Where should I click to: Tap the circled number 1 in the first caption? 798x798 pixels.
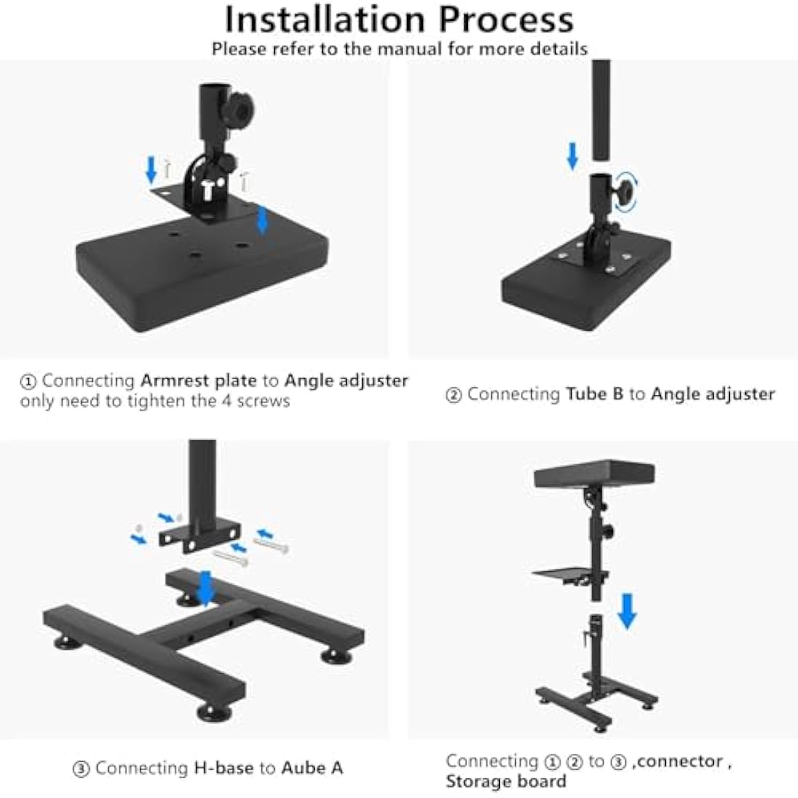[28, 382]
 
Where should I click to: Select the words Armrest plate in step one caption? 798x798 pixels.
[198, 380]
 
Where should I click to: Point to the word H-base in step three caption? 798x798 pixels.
[224, 768]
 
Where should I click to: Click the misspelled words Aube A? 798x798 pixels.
[312, 768]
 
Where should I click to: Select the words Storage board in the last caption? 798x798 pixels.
[506, 781]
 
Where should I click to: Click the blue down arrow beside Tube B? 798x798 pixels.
[572, 155]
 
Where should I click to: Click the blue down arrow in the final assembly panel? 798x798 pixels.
[627, 612]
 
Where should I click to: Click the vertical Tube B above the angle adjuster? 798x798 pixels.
[601, 109]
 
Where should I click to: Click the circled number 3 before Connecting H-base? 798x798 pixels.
[82, 769]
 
